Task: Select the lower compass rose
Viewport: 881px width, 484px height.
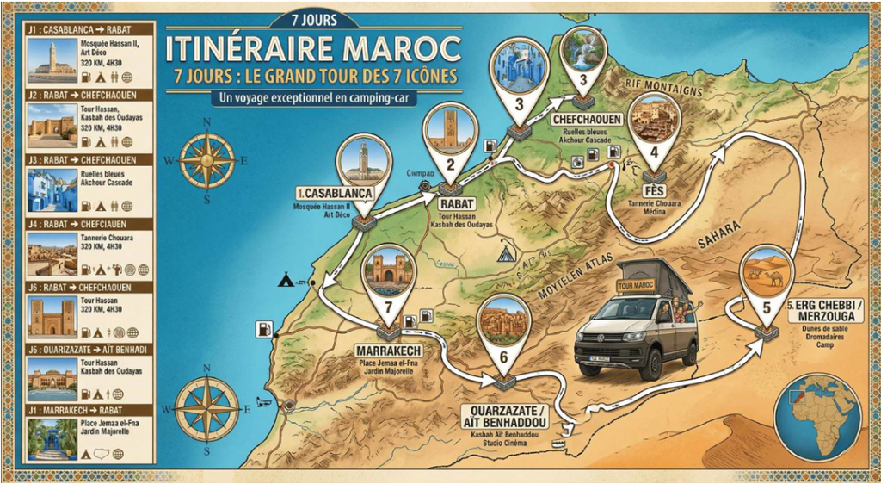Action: pos(206,410)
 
